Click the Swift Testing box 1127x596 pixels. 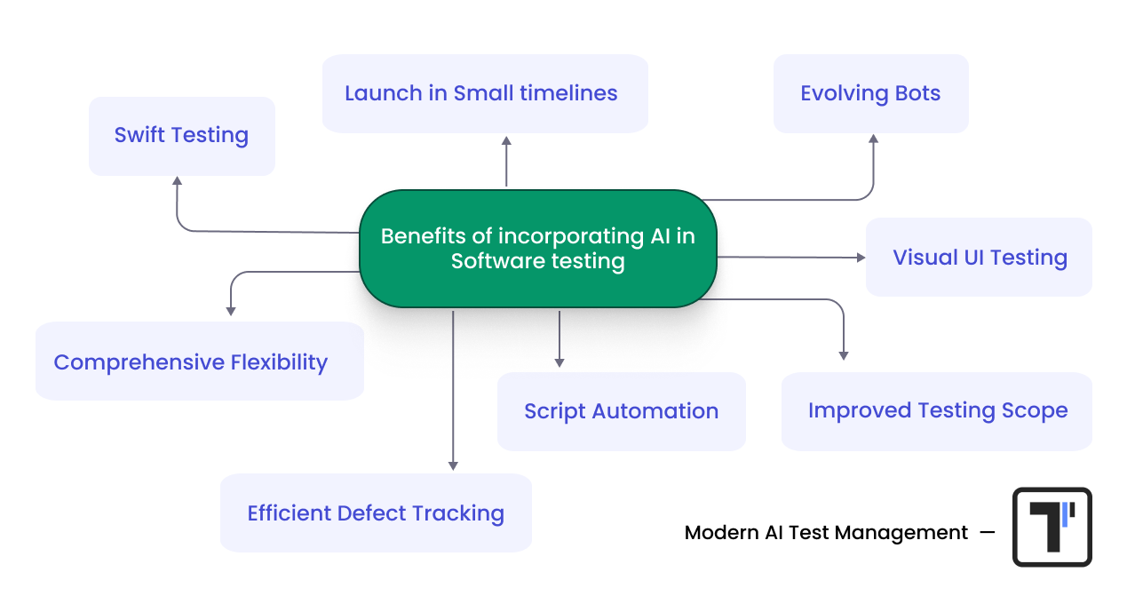pos(181,136)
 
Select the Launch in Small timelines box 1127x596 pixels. pos(484,93)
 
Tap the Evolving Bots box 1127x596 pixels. pos(870,93)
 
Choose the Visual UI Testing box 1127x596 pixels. pos(979,258)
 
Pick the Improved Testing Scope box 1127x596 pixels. pos(936,411)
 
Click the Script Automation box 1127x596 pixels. pos(621,411)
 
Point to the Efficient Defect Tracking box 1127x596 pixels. pos(376,513)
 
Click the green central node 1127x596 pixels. pos(537,249)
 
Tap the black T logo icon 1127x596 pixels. pos(1052,527)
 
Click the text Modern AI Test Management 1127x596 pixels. pos(826,533)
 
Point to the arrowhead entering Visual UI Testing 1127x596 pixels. pos(861,258)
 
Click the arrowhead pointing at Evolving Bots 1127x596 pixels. pos(873,139)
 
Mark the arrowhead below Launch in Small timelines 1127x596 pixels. pos(506,140)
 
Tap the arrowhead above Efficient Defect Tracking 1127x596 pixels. pos(453,465)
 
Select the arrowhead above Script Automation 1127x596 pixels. pos(559,362)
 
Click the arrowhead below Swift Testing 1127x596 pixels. pos(178,181)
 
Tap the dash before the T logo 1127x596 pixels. pos(987,533)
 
